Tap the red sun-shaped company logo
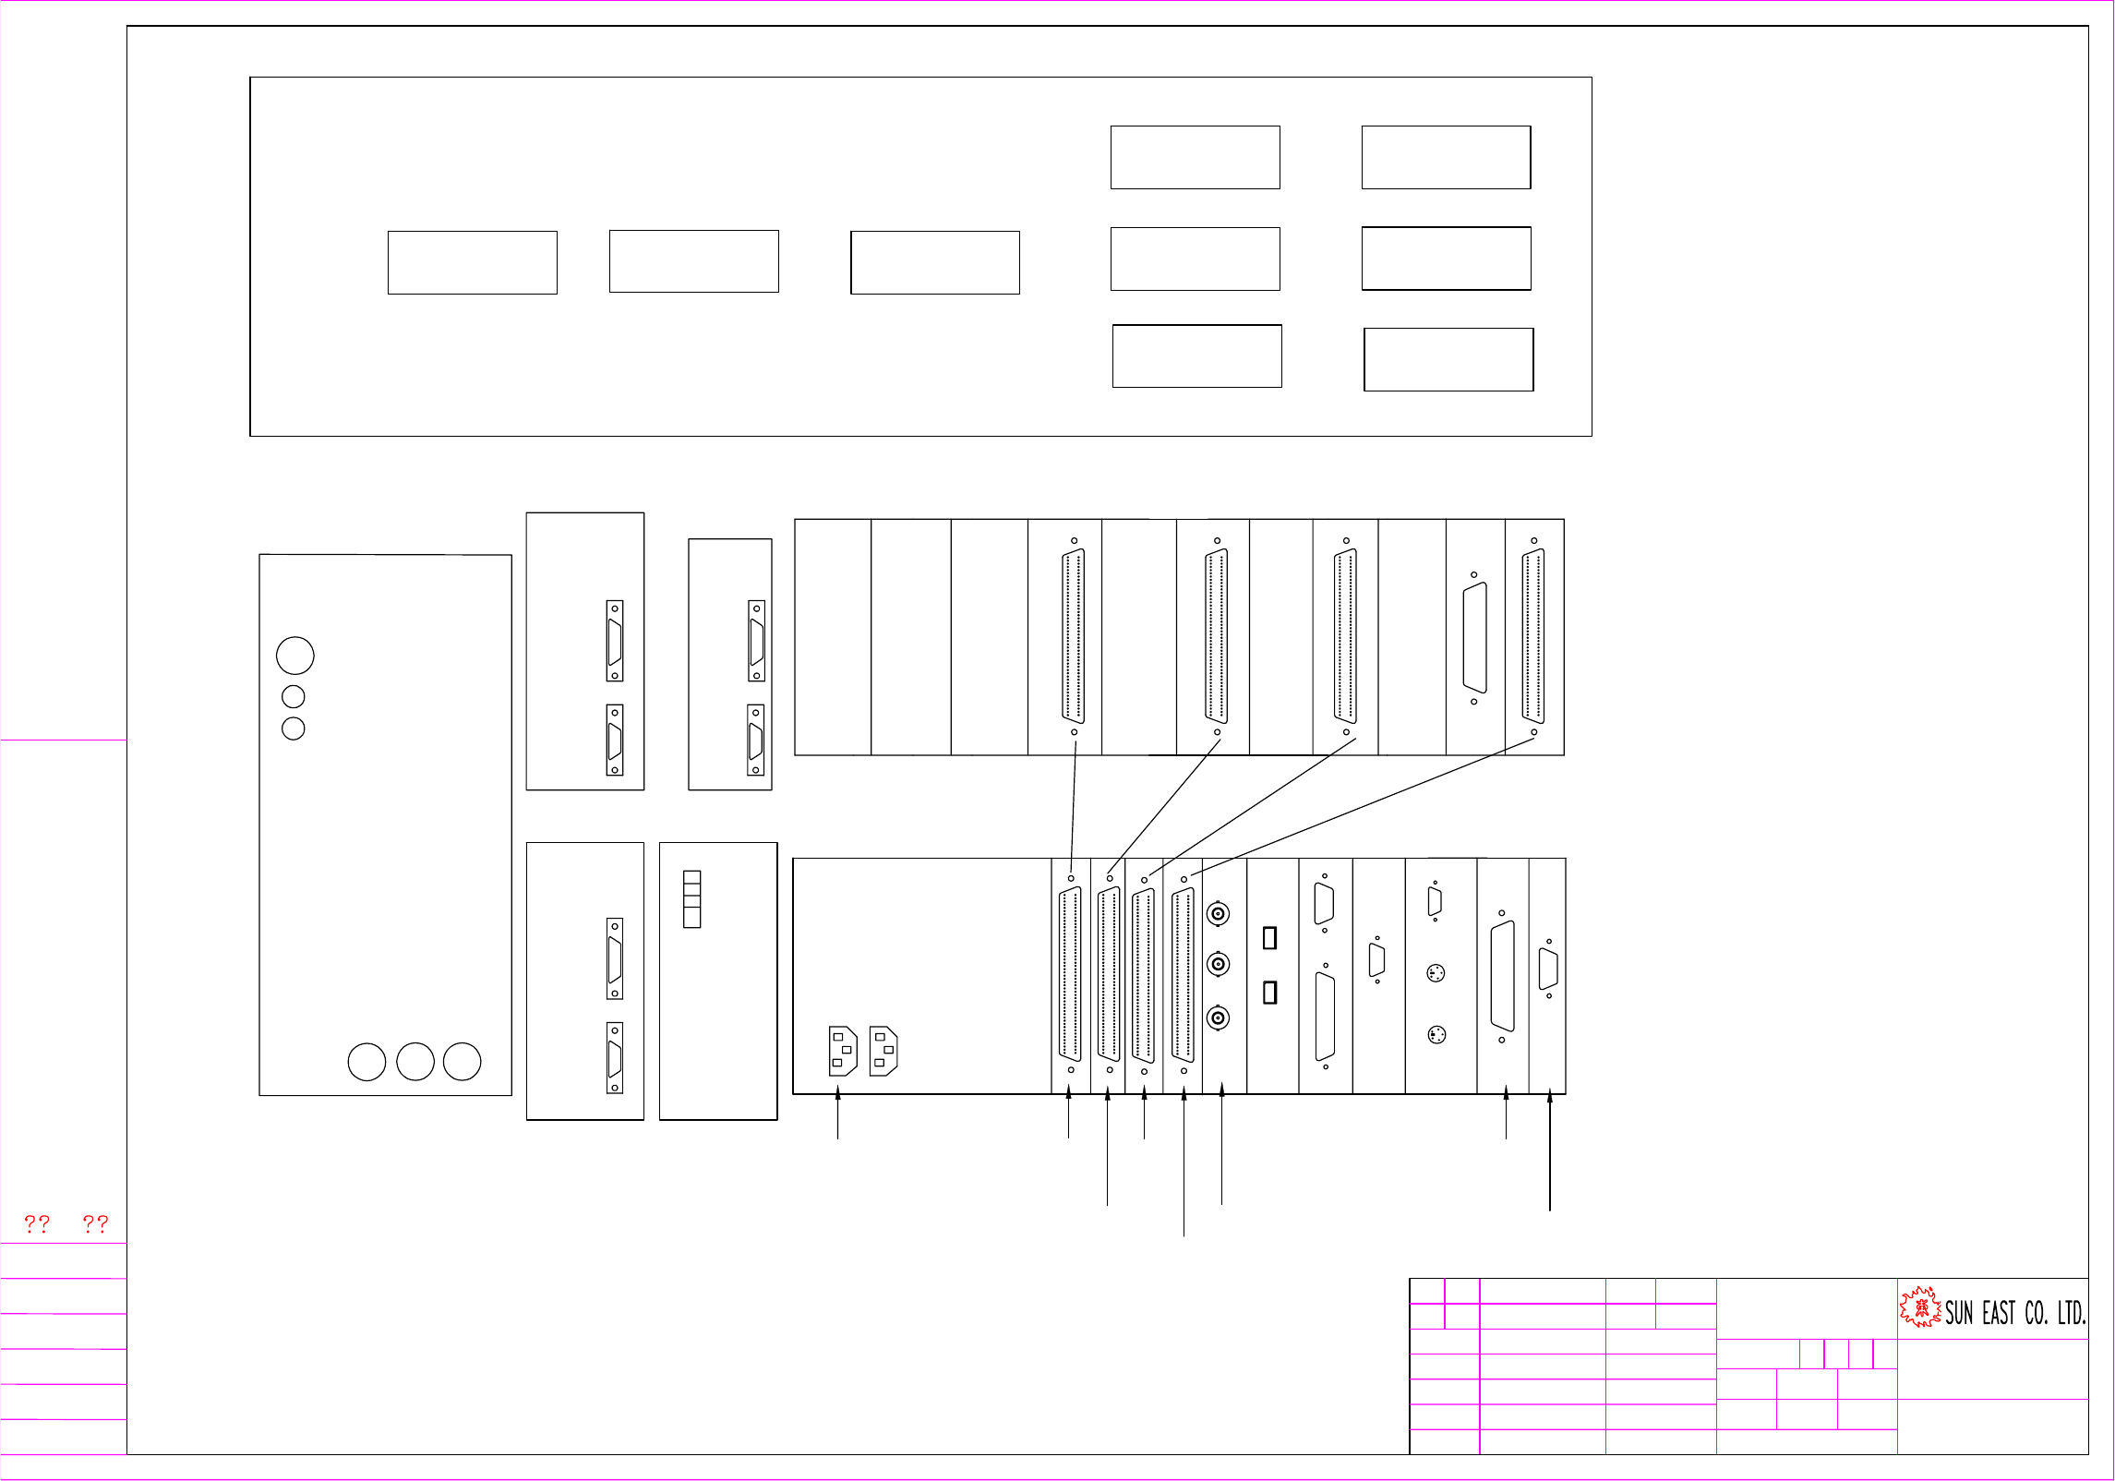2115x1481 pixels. (x=1920, y=1307)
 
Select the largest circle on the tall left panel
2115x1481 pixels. (x=295, y=656)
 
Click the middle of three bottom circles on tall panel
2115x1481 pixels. (x=415, y=1062)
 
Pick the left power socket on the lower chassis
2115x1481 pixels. (x=843, y=1051)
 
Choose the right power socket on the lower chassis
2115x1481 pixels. (x=883, y=1051)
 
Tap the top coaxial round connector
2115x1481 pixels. (x=1219, y=914)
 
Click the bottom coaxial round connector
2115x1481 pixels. (x=1219, y=1017)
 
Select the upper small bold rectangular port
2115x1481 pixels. (x=1269, y=937)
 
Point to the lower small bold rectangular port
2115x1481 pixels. (x=1269, y=992)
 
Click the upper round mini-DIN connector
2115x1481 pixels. (x=1436, y=973)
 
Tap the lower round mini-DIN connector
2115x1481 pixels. (x=1436, y=1035)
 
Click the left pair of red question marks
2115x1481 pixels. (x=37, y=1224)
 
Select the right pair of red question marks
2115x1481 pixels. (x=95, y=1224)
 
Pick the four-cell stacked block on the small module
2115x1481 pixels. (x=691, y=899)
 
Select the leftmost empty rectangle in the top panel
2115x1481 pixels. (x=472, y=262)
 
